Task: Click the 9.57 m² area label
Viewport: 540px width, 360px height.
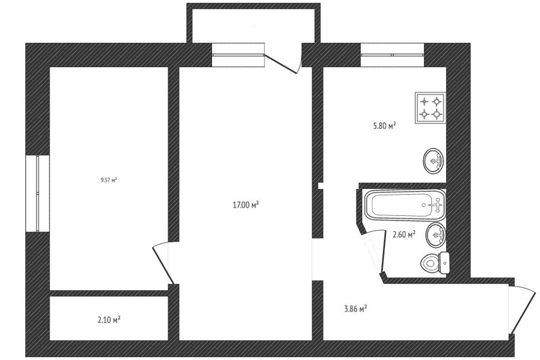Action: (x=108, y=180)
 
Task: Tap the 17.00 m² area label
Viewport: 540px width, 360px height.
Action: (x=245, y=205)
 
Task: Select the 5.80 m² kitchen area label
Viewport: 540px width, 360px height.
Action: (x=384, y=127)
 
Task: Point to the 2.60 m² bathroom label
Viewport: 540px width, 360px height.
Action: (x=404, y=234)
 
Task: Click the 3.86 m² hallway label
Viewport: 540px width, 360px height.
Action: (x=355, y=308)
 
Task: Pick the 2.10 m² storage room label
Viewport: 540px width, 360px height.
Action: (x=109, y=320)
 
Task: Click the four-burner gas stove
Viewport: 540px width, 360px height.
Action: (x=430, y=107)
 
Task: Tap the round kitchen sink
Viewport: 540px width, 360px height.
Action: (x=433, y=161)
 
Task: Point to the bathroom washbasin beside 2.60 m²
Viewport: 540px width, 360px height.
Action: (x=436, y=235)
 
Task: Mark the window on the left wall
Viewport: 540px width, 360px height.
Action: (x=37, y=193)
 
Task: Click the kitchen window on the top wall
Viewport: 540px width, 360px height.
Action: (x=392, y=55)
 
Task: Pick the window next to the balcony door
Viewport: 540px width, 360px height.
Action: (x=238, y=55)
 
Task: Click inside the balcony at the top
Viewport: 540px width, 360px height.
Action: (x=253, y=25)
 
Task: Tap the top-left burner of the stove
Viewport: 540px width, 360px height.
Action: (x=424, y=101)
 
